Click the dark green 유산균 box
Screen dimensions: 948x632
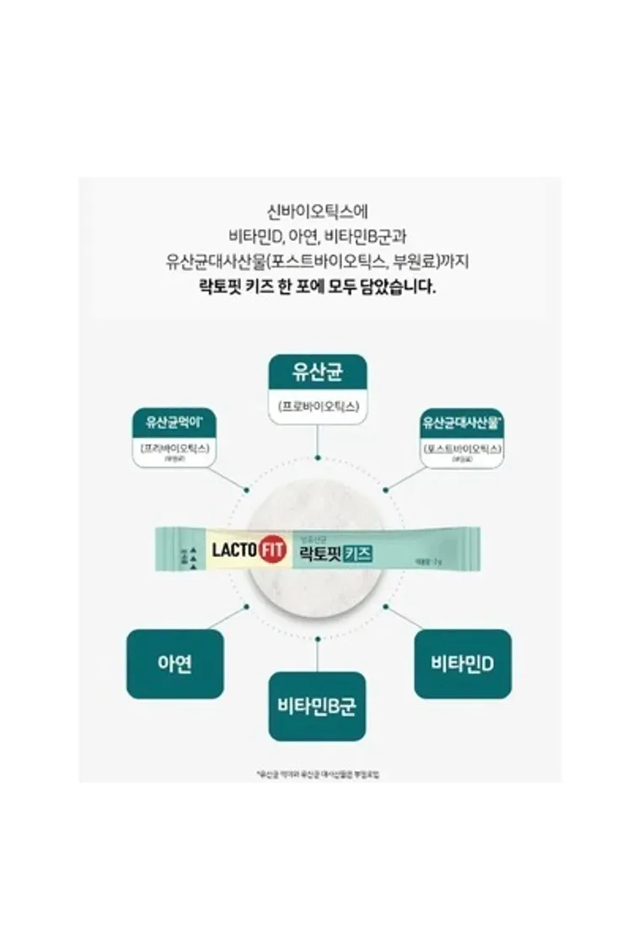coord(317,370)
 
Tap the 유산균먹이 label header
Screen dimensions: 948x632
coord(171,420)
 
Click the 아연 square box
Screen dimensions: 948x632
coord(174,663)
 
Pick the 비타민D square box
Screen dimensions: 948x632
coord(463,663)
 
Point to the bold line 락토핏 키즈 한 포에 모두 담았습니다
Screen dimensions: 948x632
coord(317,287)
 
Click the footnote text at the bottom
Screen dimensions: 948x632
coord(317,773)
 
